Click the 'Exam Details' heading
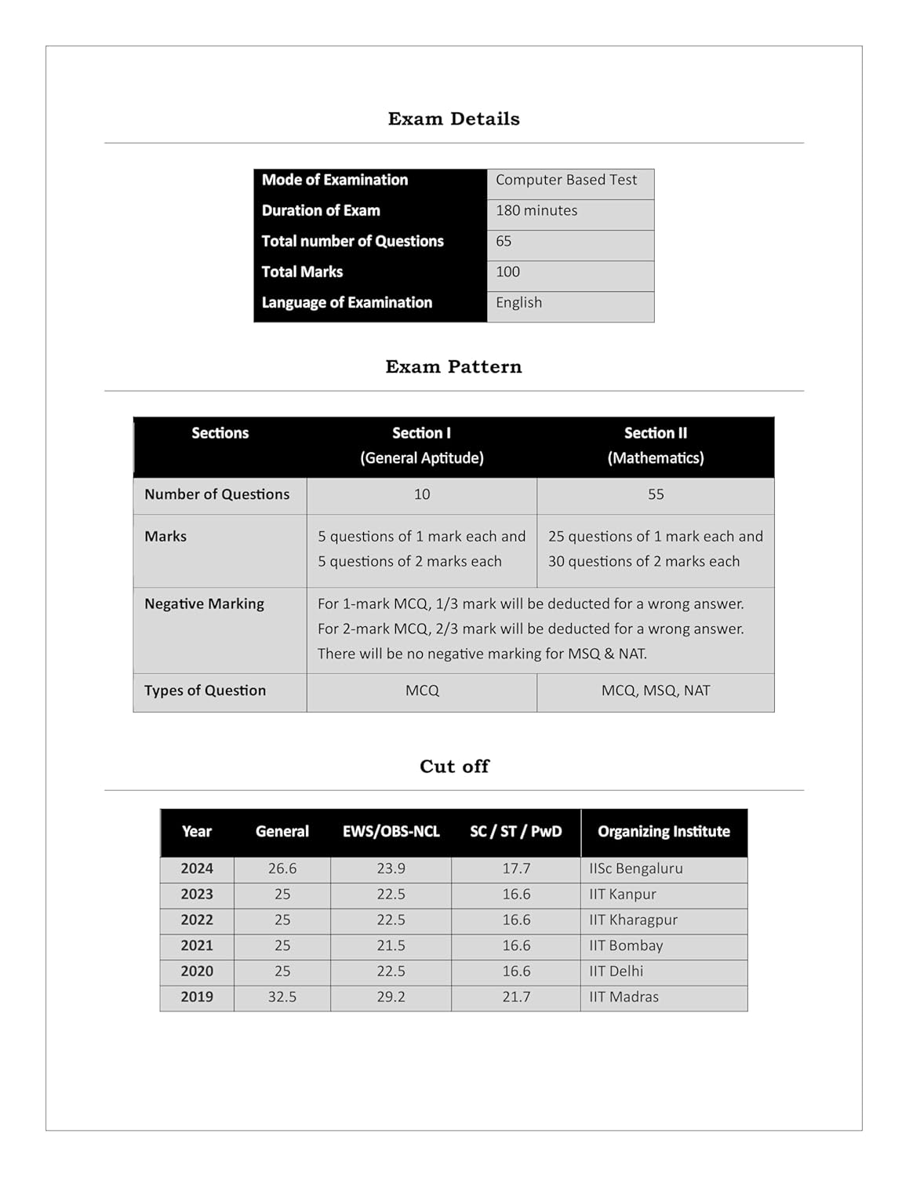(453, 118)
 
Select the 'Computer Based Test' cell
(565, 180)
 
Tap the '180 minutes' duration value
(536, 210)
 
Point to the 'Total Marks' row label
(302, 271)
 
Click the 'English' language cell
(518, 302)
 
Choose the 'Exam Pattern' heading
(453, 366)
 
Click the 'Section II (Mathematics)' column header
(655, 445)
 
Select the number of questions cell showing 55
(655, 494)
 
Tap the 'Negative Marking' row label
(204, 603)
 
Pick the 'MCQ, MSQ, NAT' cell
(655, 691)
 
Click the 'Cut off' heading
(453, 766)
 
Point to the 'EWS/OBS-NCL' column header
(391, 832)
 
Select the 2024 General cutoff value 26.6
(282, 869)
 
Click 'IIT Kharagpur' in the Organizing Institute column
(633, 920)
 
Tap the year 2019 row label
(197, 997)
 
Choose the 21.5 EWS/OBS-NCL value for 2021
(391, 946)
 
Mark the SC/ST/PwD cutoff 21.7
(516, 997)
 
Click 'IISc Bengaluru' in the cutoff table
(635, 869)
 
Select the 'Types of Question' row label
(205, 691)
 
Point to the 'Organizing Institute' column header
(664, 832)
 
